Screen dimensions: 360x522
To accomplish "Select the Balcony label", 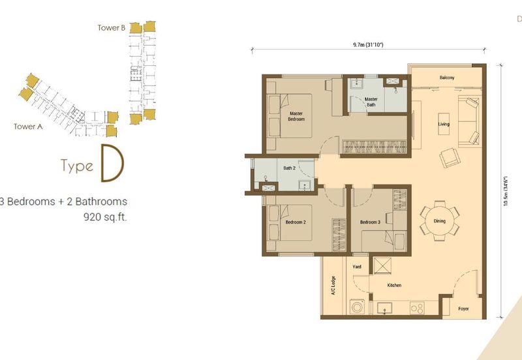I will pos(447,78).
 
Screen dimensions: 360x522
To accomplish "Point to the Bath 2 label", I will pos(290,168).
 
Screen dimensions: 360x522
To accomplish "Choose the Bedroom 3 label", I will pos(371,222).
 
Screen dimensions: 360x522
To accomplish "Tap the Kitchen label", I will pos(393,285).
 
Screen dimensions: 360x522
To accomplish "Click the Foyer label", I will pos(463,308).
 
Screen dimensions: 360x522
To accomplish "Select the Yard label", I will pos(357,267).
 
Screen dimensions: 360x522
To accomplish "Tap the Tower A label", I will pos(28,127).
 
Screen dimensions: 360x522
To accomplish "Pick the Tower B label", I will pos(111,27).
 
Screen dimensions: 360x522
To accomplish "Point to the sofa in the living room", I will pos(470,121).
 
